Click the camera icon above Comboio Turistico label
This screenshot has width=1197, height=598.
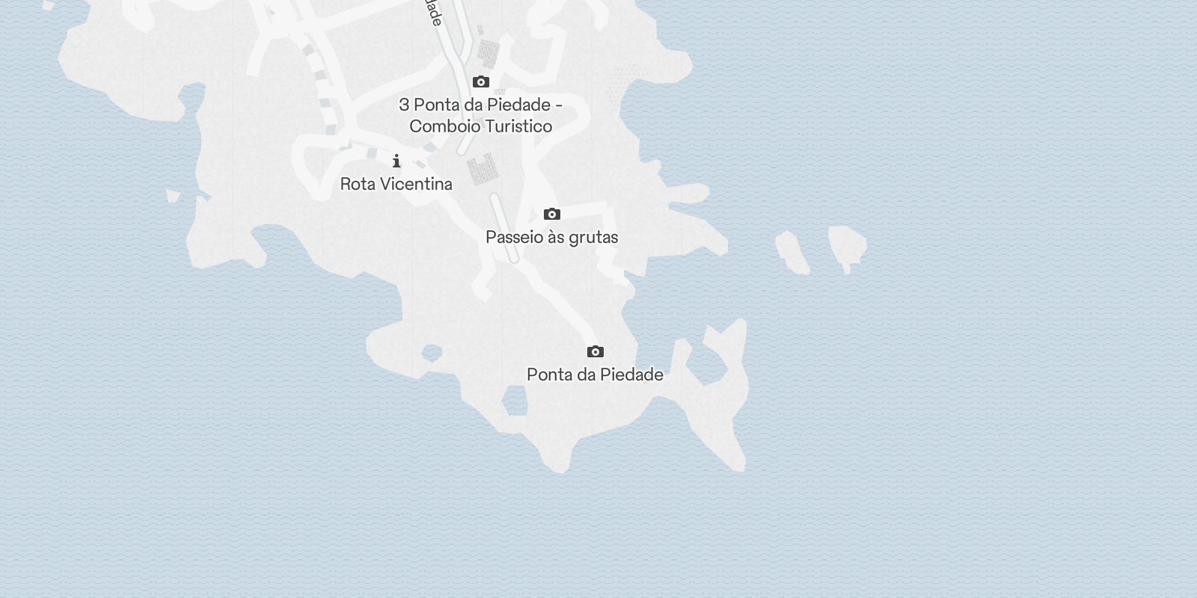pos(481,81)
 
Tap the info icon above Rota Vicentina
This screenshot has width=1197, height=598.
pos(397,161)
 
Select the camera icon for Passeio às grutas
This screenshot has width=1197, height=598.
pos(552,215)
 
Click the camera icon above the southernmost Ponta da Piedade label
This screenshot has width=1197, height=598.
pos(596,351)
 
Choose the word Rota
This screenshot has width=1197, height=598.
pos(355,184)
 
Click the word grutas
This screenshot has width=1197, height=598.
pos(594,238)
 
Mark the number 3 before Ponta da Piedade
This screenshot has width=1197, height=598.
pos(404,105)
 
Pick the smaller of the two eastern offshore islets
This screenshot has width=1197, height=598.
pos(792,252)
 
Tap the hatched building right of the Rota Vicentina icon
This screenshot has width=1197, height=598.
pos(483,168)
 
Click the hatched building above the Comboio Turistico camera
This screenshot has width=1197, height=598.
pos(489,53)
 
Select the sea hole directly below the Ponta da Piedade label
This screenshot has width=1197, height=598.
pos(515,402)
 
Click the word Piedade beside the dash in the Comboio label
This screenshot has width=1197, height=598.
pos(523,105)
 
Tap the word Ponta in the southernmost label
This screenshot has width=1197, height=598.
pos(549,374)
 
